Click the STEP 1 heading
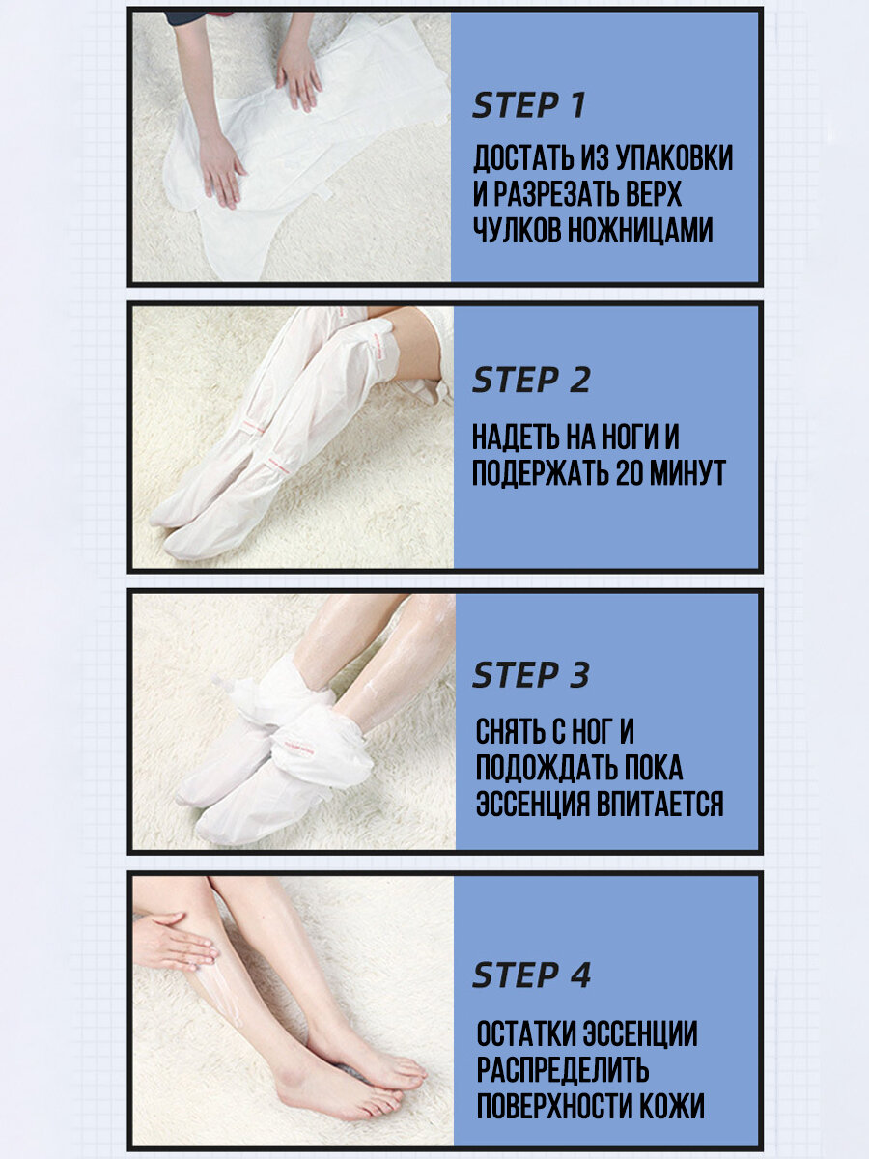[529, 105]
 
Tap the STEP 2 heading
[531, 381]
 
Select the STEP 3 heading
[531, 675]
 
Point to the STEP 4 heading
[531, 975]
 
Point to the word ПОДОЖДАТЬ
[545, 768]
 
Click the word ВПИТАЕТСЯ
[660, 805]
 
